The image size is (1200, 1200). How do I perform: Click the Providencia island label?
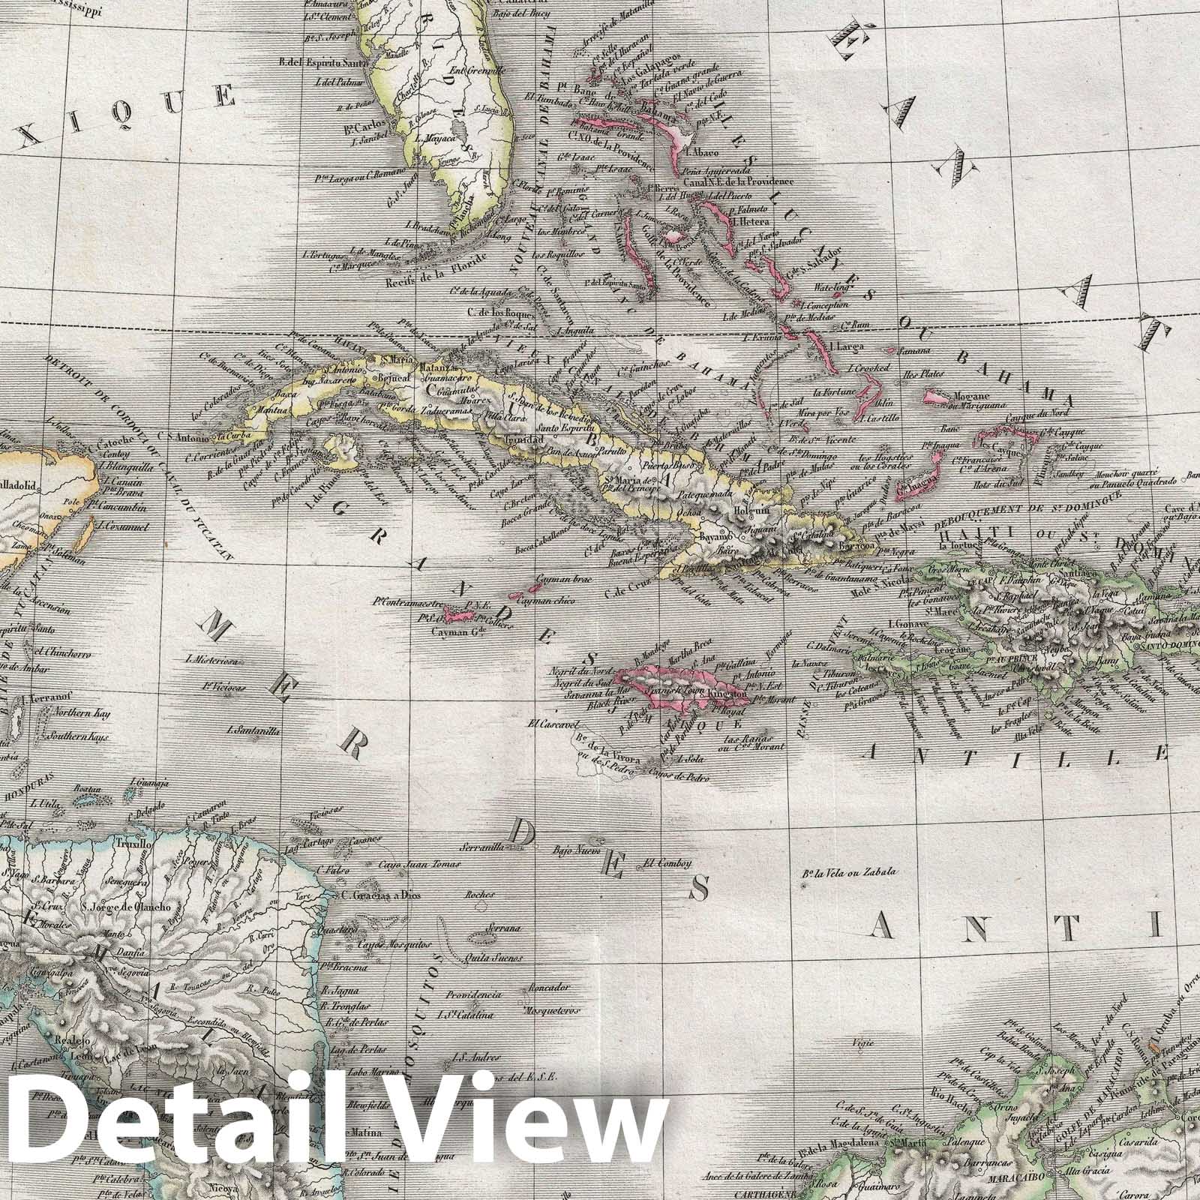click(472, 994)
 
